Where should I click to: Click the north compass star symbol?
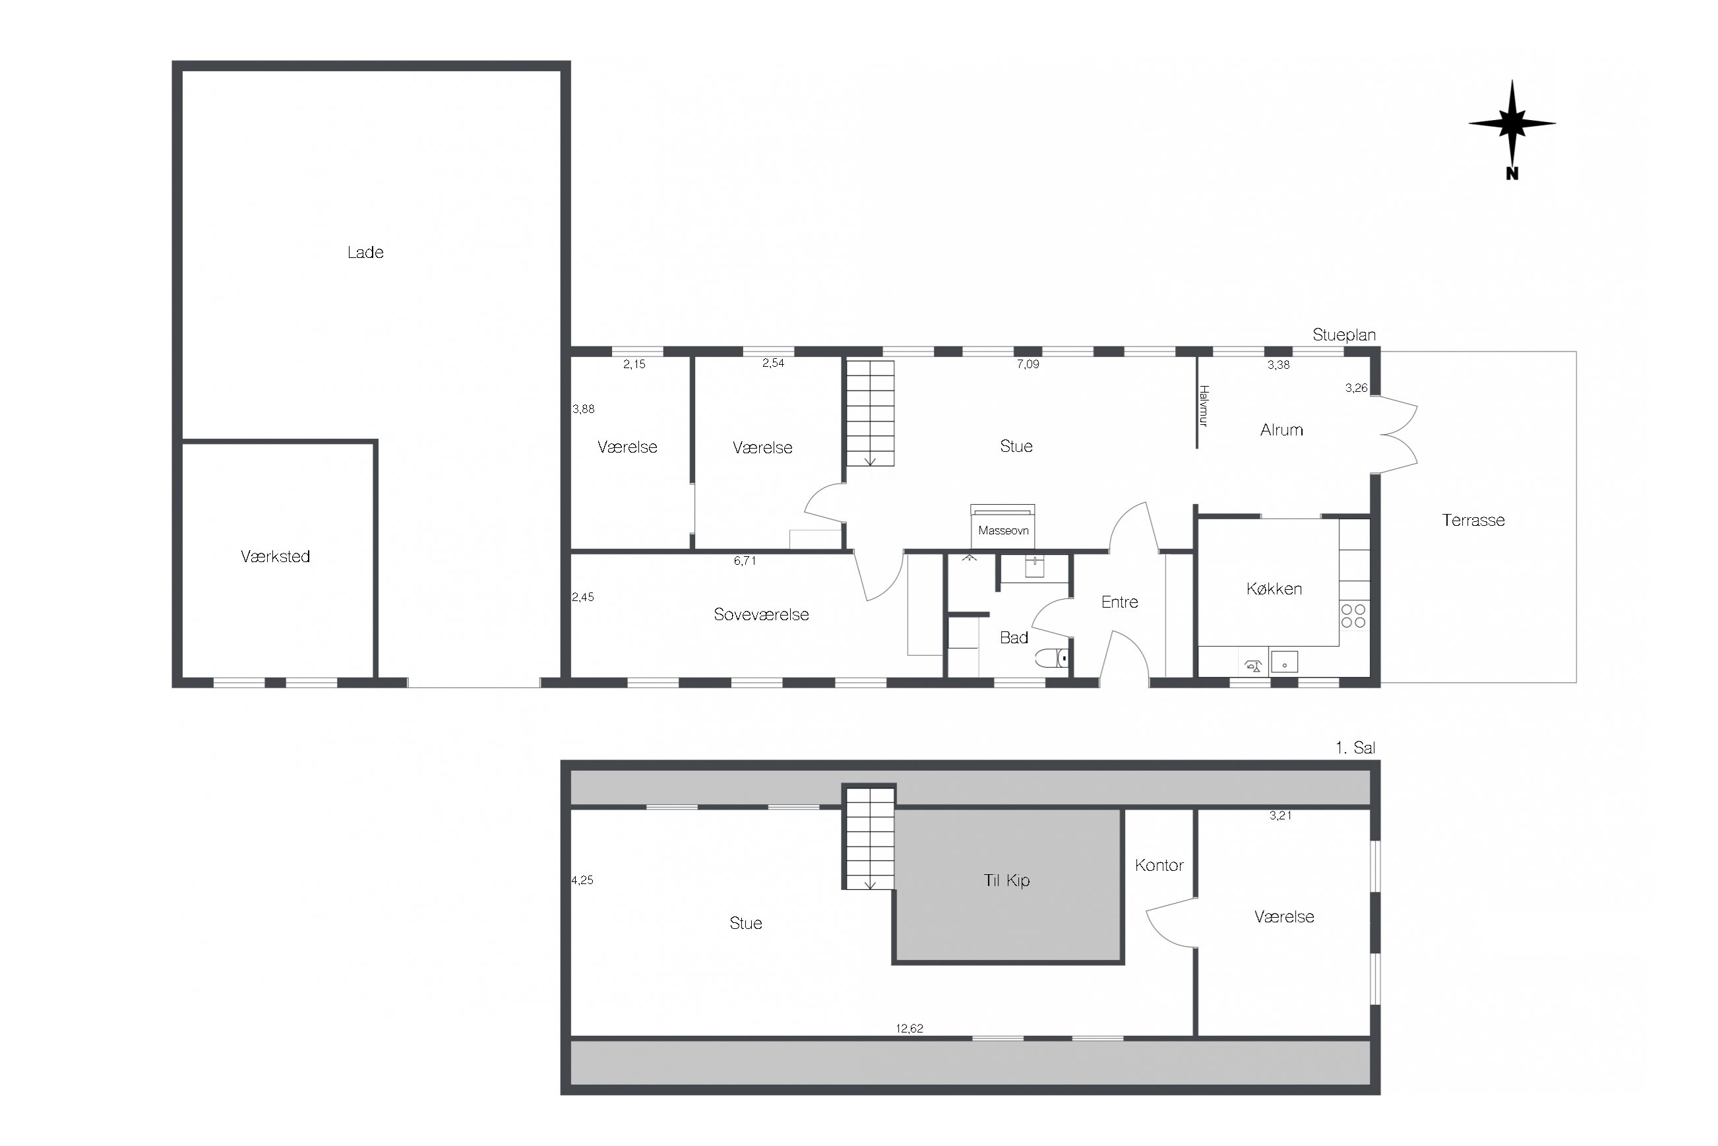[1512, 124]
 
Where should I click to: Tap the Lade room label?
[365, 252]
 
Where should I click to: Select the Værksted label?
[276, 556]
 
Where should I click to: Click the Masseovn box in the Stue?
[1002, 526]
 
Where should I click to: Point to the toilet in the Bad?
[1053, 658]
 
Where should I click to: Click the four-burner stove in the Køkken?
[1353, 616]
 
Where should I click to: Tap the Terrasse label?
[1473, 521]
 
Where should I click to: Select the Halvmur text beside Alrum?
[1204, 406]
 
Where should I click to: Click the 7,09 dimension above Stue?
[1028, 364]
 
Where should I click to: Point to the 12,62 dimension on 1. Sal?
[909, 1029]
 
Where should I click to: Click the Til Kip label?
[1006, 880]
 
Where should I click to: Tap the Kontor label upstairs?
[1159, 866]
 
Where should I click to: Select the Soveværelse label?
[761, 615]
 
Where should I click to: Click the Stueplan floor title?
[1344, 334]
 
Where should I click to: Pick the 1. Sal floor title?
[1356, 748]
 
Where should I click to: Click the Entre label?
[1120, 602]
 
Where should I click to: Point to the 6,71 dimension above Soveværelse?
[745, 561]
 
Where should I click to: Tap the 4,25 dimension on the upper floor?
[582, 880]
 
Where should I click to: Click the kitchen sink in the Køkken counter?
[1284, 662]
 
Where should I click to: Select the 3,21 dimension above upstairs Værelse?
[1281, 815]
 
